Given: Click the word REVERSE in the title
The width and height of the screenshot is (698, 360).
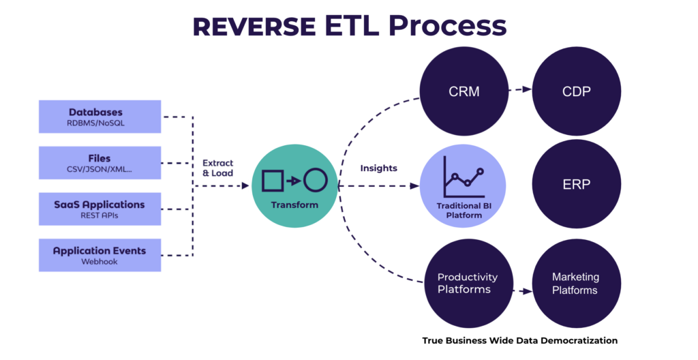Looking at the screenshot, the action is pos(254,27).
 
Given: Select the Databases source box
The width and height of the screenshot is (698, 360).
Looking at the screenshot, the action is pos(100,117).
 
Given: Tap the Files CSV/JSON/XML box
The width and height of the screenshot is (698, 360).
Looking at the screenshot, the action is pos(100,163).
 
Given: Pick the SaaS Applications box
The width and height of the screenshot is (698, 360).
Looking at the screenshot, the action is pos(100,209).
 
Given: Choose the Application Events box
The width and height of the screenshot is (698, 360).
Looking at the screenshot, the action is pos(100,255).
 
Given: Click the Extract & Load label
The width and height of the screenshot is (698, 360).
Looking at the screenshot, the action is pos(217,168).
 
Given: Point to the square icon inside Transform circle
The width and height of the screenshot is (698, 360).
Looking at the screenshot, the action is pos(273,181).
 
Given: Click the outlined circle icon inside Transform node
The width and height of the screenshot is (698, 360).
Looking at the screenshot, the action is pos(316,181).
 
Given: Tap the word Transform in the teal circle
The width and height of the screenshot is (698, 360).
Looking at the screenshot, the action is pos(294,205).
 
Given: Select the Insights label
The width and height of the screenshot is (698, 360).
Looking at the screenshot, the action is pos(379,168).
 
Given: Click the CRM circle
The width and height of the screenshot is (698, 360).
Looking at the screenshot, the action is pos(464,91).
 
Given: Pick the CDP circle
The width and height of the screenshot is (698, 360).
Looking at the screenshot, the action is pos(577,91).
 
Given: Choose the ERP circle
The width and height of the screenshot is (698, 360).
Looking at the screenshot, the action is pos(577,184).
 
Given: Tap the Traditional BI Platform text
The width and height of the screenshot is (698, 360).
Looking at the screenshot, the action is pos(464,210).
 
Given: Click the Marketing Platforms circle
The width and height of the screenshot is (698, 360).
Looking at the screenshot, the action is pos(577,284).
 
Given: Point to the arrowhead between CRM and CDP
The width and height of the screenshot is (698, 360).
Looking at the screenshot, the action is pos(527,89).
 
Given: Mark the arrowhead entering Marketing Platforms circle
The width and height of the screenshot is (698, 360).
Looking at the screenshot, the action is pos(527,291).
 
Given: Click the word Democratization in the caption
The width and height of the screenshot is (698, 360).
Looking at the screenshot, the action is pos(583,341).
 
